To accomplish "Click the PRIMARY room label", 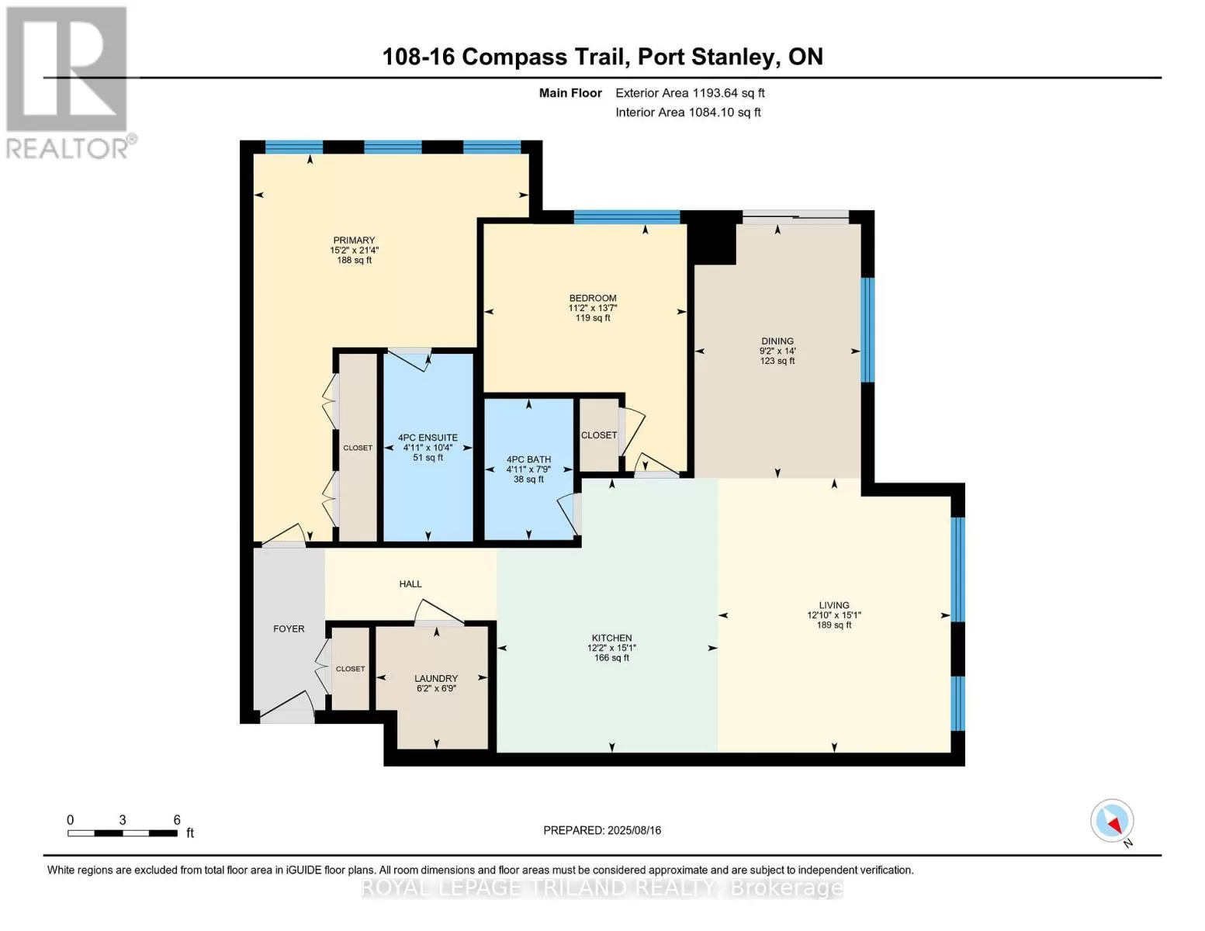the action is click(x=354, y=240).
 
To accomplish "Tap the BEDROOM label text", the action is click(x=592, y=298).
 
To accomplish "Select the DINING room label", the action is click(x=777, y=341).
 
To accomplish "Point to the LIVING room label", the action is click(x=833, y=605).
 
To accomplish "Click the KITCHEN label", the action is click(x=611, y=638).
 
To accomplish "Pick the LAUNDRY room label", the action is click(x=436, y=678).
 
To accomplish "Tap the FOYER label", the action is click(x=289, y=628).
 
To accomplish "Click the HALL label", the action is click(x=410, y=583).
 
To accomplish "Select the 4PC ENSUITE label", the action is click(x=428, y=438).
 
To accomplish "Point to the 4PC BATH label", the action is click(x=528, y=459).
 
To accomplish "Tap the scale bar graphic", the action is click(x=123, y=832).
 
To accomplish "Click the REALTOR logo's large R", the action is click(x=67, y=69).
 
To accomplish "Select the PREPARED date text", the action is click(x=601, y=830).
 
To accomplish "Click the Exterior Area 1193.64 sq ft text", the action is click(x=690, y=93).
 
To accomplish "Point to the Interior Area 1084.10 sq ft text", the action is click(x=687, y=112).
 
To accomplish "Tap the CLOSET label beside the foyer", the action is click(x=350, y=669).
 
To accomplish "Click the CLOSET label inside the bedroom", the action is click(x=598, y=435).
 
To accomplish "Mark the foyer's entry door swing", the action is click(x=288, y=708).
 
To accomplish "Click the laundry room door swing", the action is click(x=438, y=611).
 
